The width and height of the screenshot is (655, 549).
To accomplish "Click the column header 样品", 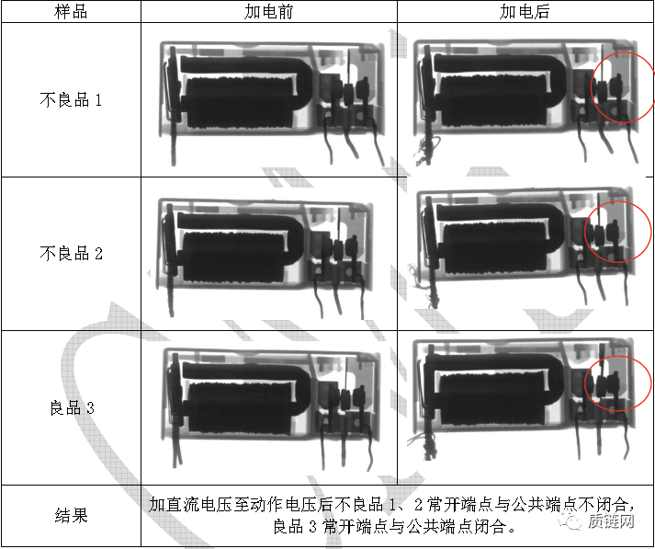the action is pyautogui.click(x=71, y=11).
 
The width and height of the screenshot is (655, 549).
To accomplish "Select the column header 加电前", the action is pyautogui.click(x=268, y=11).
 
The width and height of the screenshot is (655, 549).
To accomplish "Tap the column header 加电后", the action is pyautogui.click(x=525, y=11).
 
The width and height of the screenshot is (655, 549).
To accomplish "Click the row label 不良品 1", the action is pyautogui.click(x=71, y=100).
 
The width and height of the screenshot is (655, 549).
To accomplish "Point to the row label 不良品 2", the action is pyautogui.click(x=71, y=254).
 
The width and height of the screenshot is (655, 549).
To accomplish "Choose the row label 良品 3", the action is pyautogui.click(x=72, y=407).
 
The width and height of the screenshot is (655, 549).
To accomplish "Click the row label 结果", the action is pyautogui.click(x=71, y=515).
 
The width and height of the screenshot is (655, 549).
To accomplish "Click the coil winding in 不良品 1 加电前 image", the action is pyautogui.click(x=240, y=102).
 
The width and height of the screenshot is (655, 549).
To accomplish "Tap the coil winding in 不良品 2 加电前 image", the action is pyautogui.click(x=234, y=257).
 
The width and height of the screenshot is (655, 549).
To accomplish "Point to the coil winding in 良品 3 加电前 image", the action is pyautogui.click(x=240, y=408).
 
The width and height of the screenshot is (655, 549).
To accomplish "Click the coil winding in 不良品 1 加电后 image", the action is pyautogui.click(x=494, y=100).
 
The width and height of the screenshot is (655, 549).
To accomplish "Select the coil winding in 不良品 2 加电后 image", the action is pyautogui.click(x=495, y=248).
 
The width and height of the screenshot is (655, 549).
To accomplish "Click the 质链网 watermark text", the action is pyautogui.click(x=611, y=521).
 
